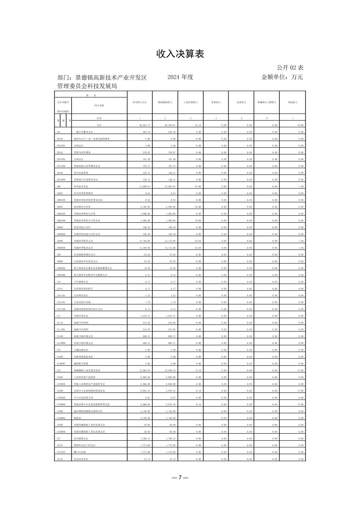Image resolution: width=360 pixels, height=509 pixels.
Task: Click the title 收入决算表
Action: coord(180,54)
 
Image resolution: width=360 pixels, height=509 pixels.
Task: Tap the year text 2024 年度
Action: coord(180,77)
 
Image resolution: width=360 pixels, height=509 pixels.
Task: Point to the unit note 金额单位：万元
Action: coord(282,77)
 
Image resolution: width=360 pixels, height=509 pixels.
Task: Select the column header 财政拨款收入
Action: coord(165,102)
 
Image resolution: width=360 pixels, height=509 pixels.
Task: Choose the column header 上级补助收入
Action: coord(190,102)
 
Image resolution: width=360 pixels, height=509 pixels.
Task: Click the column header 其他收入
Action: coord(292,102)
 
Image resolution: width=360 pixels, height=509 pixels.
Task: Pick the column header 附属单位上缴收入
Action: coord(266,102)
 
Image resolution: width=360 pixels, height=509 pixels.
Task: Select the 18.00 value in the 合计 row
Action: coord(300,125)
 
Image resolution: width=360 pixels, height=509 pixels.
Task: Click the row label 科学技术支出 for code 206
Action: coord(81,187)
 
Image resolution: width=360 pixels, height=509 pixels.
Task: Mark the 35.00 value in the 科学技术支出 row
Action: coord(198,187)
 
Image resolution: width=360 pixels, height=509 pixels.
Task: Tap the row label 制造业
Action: coord(77,418)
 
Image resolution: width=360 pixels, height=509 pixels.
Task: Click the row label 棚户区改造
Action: coord(80,452)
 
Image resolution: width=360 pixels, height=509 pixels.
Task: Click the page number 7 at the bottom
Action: coord(180,478)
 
